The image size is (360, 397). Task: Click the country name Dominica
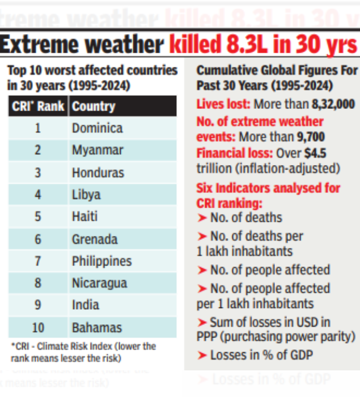click(x=97, y=128)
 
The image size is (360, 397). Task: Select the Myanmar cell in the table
click(x=97, y=150)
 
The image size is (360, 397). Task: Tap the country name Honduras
click(x=98, y=172)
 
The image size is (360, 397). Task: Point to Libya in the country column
click(x=86, y=195)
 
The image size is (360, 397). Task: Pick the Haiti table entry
click(x=84, y=217)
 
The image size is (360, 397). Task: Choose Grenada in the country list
click(x=95, y=239)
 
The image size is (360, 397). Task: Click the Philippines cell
click(x=101, y=261)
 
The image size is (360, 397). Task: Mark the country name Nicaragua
click(x=99, y=283)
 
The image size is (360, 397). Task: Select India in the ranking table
click(x=85, y=305)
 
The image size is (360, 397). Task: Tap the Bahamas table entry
click(x=96, y=327)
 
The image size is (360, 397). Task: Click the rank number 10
click(x=38, y=327)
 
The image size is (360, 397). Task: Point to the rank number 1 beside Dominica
click(x=38, y=128)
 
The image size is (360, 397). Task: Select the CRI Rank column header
click(x=38, y=106)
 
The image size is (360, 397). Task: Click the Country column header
click(x=94, y=106)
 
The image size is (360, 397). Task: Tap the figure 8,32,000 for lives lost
click(x=333, y=104)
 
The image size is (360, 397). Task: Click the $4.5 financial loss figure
click(x=314, y=153)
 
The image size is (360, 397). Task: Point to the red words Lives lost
click(x=223, y=104)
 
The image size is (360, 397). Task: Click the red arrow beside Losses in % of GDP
click(x=202, y=356)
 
